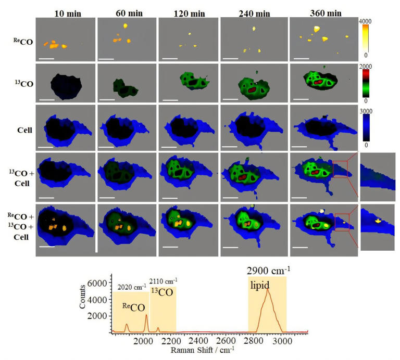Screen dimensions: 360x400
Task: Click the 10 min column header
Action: click(66, 10)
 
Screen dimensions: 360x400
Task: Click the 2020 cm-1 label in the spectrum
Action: click(130, 287)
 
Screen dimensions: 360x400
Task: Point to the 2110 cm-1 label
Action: click(163, 281)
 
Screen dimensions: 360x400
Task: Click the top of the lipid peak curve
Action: click(268, 290)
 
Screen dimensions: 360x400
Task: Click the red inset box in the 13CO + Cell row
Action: click(341, 169)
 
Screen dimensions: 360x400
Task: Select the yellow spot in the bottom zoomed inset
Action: click(379, 221)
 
